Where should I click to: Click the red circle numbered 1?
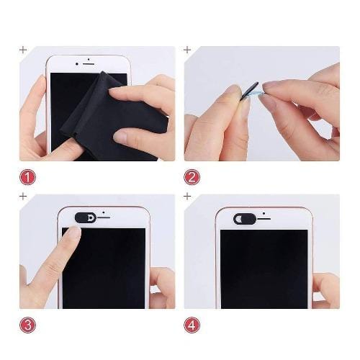click(x=27, y=177)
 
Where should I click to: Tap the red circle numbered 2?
click(x=192, y=177)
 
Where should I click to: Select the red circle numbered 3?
click(x=27, y=325)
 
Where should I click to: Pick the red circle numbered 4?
click(x=192, y=325)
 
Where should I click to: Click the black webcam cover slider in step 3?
click(x=86, y=217)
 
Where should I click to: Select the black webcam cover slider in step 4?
click(x=245, y=219)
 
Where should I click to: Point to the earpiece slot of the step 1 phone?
click(x=89, y=64)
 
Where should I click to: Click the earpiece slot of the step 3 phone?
click(x=104, y=217)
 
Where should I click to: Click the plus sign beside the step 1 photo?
click(x=23, y=50)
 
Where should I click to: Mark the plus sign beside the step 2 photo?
click(x=187, y=50)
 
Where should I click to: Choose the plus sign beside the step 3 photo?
click(x=23, y=197)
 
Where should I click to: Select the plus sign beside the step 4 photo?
click(x=187, y=197)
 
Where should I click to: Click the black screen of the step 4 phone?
click(x=264, y=269)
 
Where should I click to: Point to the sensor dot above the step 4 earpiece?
click(x=264, y=213)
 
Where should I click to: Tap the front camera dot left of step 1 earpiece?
click(x=77, y=64)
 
